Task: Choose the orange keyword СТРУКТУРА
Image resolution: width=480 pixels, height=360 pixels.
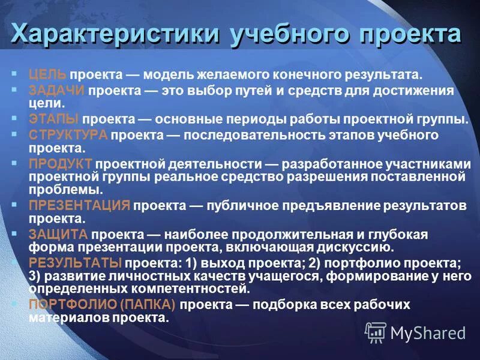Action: point(68,134)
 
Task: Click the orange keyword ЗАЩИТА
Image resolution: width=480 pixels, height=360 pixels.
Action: point(58,233)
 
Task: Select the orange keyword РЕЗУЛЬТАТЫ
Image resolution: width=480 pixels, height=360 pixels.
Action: point(75,262)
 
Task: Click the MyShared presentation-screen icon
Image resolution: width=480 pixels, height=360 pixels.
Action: point(376,332)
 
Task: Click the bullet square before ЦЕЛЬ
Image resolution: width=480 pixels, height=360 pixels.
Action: point(14,73)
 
